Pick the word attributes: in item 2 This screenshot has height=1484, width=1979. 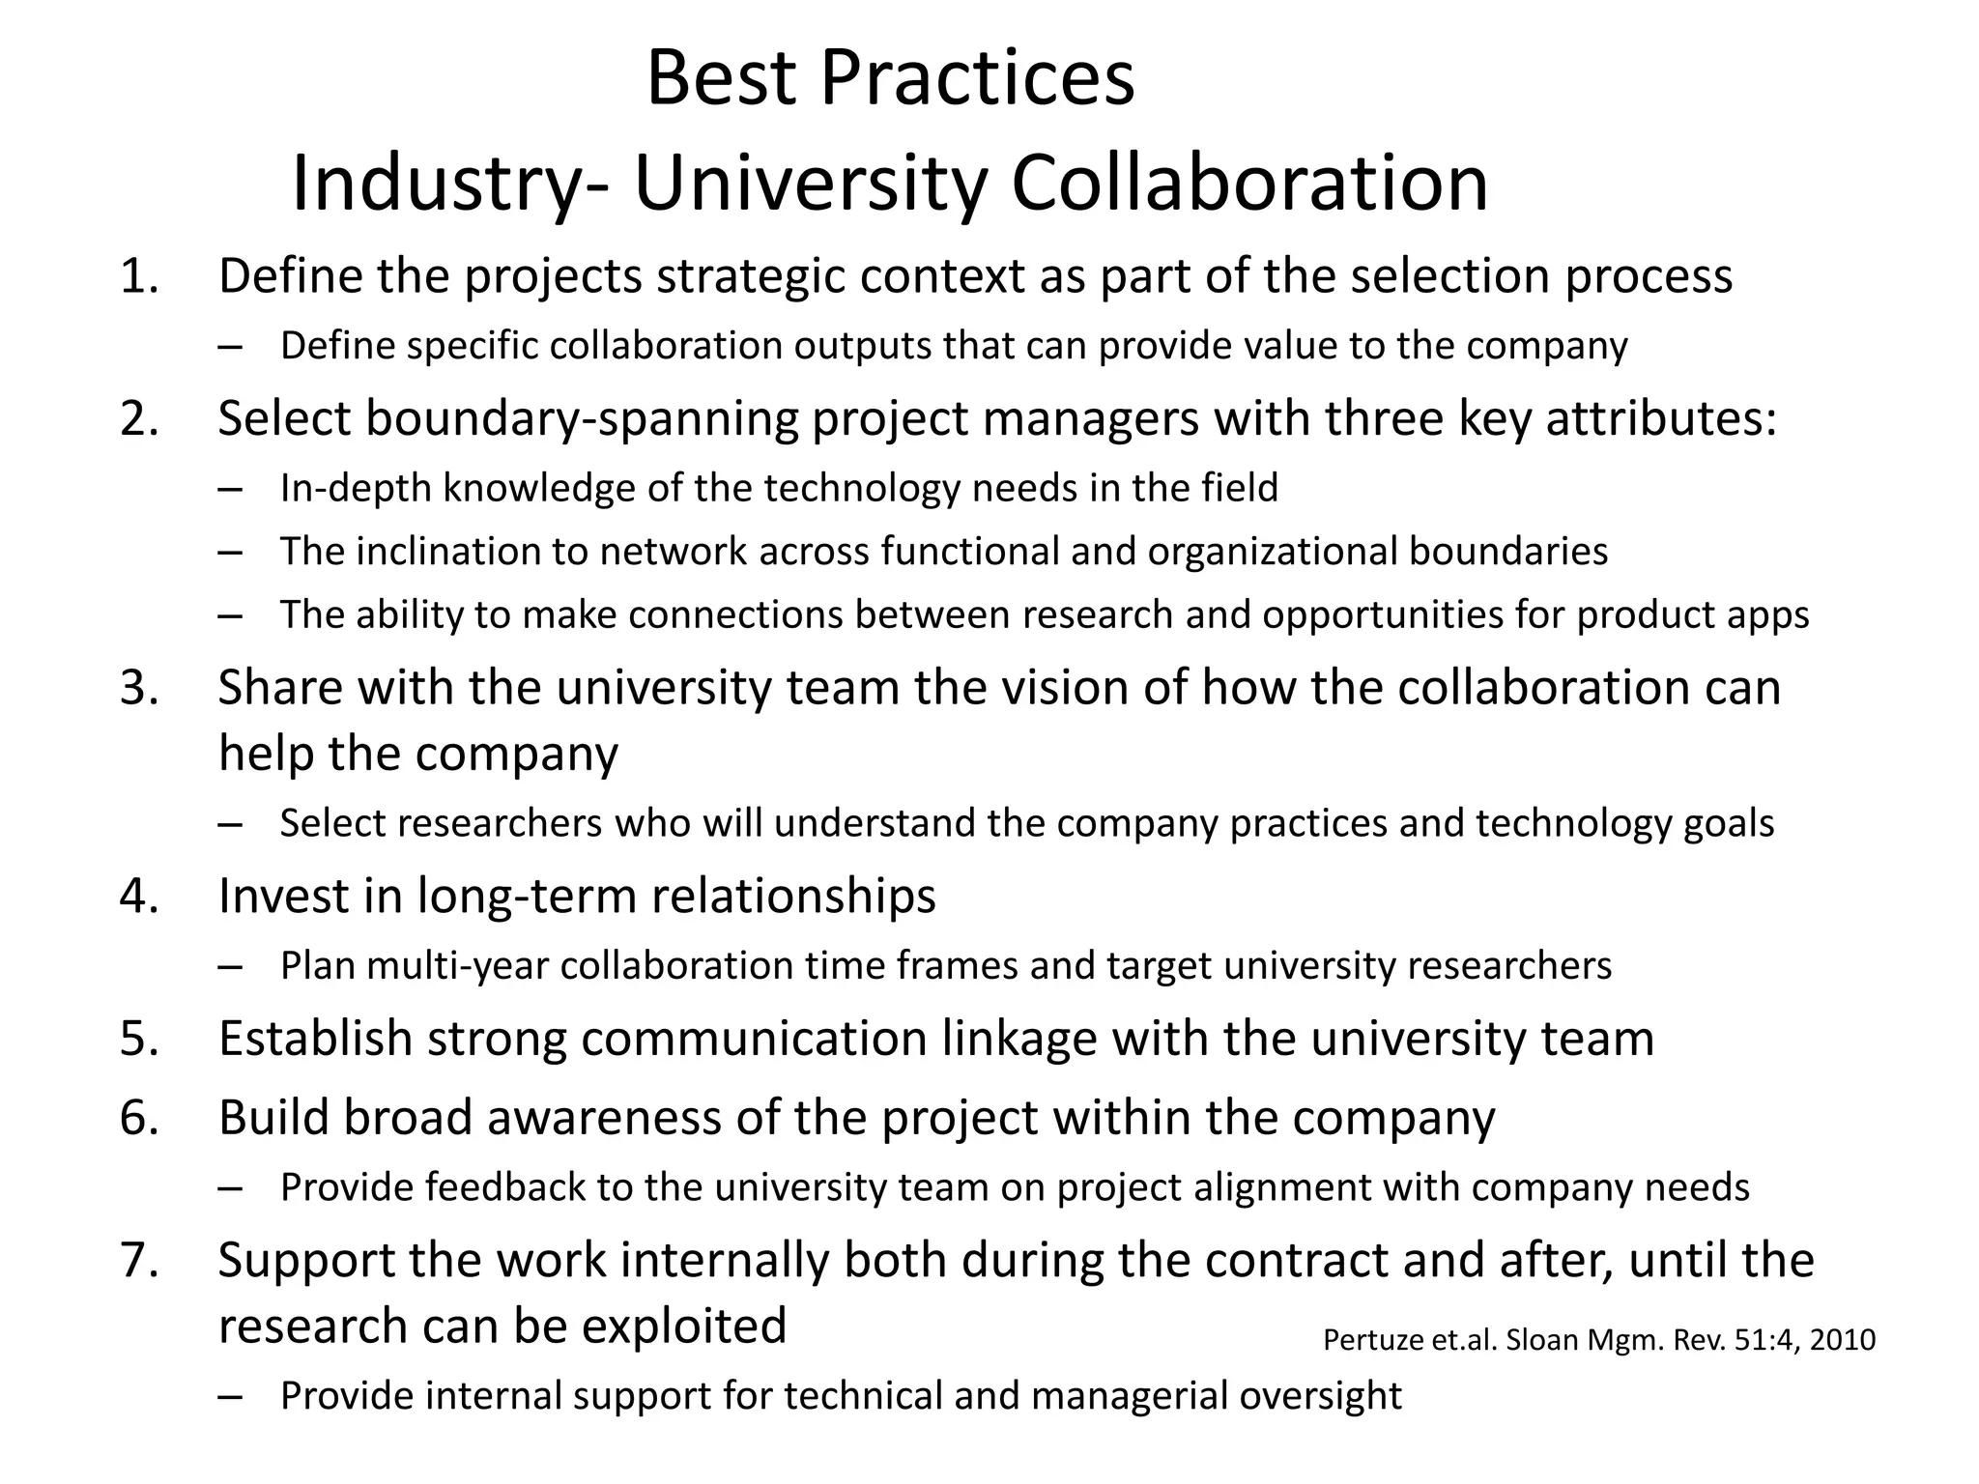pyautogui.click(x=1661, y=419)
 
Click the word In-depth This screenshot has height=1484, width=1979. pyautogui.click(x=355, y=489)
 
